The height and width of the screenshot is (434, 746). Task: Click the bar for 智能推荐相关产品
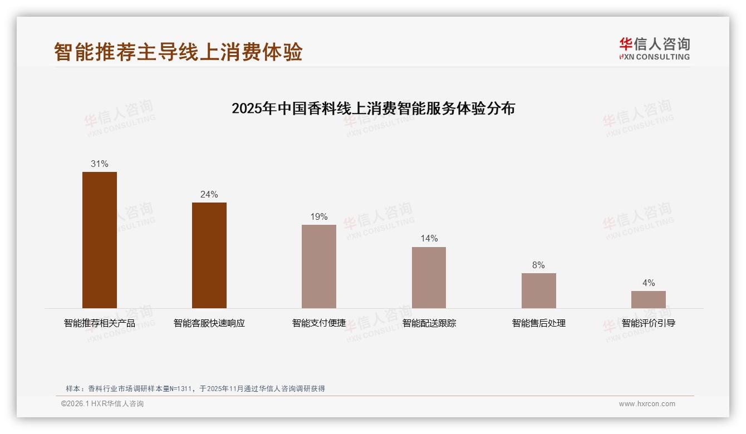100,240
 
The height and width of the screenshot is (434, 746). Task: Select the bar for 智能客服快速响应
209,255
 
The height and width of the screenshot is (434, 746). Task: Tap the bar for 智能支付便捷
319,266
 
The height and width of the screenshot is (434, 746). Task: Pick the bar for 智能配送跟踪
429,277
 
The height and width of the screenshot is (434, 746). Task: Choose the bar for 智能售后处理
538,290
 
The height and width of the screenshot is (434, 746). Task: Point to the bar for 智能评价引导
648,299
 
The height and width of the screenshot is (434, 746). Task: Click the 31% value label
100,164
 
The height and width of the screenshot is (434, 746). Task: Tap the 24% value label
209,195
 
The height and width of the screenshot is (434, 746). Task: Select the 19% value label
319,217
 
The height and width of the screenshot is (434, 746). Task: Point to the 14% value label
429,239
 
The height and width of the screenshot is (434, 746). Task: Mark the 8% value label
538,265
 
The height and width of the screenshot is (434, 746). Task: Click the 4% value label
648,283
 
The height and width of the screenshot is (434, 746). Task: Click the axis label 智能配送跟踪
429,323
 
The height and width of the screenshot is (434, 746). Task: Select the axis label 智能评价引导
648,323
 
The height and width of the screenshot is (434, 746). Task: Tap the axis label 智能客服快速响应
209,323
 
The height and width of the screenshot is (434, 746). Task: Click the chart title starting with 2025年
373,108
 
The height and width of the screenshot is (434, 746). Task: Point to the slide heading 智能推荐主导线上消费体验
178,52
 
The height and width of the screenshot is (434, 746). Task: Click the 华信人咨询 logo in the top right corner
654,48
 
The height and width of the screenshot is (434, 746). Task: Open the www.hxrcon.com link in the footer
647,404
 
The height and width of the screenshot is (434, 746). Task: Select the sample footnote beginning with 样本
195,389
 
